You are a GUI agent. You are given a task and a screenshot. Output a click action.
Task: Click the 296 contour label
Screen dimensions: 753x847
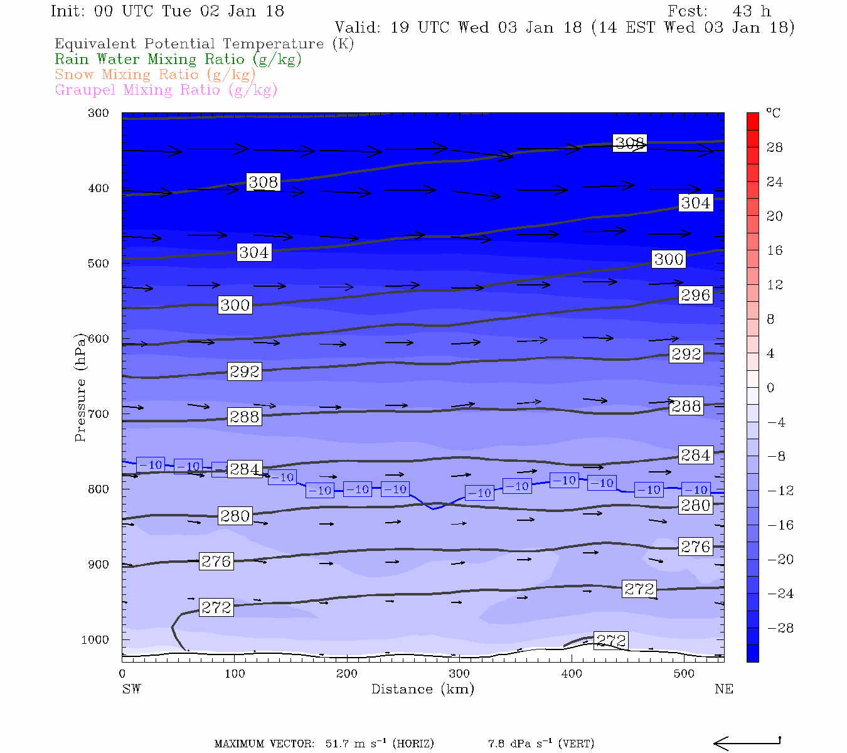[x=695, y=295]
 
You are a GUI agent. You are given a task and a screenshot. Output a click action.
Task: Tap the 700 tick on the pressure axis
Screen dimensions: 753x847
[x=99, y=414]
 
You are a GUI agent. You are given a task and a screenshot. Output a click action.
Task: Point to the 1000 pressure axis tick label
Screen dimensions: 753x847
[x=95, y=640]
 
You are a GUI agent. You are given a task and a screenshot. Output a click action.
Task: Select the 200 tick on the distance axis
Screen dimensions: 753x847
[x=347, y=674]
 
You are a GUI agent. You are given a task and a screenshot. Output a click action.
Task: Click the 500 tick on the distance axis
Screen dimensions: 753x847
[x=685, y=674]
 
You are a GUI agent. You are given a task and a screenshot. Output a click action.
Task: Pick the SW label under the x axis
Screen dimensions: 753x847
[x=131, y=689]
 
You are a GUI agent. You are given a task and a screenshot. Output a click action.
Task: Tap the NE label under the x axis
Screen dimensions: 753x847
[x=723, y=689]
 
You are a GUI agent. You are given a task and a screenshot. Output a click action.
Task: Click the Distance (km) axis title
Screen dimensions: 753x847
[x=422, y=689]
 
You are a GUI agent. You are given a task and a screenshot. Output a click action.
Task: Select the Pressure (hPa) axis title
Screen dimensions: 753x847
[x=80, y=388]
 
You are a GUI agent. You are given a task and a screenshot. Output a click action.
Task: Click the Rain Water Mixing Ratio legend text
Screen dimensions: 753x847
[x=178, y=60]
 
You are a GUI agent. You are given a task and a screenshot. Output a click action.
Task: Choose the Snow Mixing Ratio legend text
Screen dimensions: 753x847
[x=155, y=75]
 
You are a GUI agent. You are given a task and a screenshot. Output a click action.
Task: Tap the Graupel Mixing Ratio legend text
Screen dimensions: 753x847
[x=166, y=90]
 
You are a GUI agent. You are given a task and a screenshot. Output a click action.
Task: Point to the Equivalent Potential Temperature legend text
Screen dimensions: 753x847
[x=204, y=44]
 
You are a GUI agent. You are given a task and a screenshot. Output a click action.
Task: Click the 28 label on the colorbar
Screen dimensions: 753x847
[x=775, y=147]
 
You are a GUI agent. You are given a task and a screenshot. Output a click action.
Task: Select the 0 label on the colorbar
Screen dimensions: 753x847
[x=770, y=388]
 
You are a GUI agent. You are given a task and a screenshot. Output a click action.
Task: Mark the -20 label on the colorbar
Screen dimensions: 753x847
[x=780, y=560]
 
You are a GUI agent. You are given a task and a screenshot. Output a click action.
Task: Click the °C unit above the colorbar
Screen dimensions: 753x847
[x=773, y=113]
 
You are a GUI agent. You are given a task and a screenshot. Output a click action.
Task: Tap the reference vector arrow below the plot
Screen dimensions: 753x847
[x=747, y=743]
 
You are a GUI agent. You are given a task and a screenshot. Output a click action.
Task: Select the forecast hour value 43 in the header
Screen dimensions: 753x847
[x=742, y=11]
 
